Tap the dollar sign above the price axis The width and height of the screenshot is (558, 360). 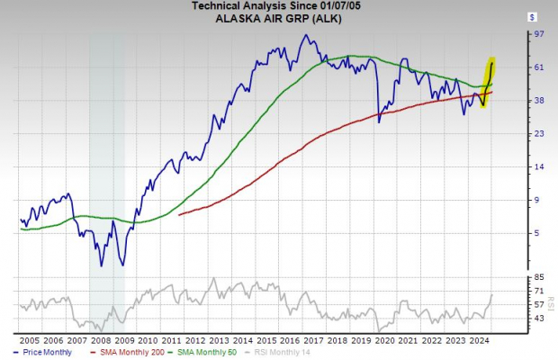[535, 16]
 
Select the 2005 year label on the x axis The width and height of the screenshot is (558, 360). [29, 341]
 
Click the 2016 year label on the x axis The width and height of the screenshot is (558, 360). [290, 341]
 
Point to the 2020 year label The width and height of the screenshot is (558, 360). [384, 341]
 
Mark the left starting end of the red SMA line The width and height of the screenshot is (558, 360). [180, 215]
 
